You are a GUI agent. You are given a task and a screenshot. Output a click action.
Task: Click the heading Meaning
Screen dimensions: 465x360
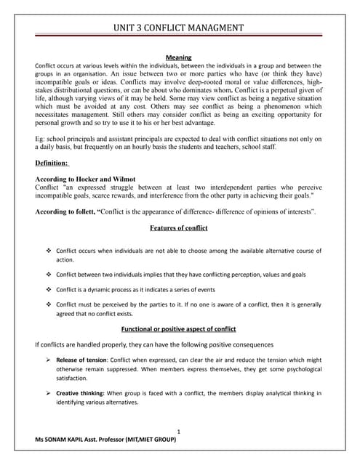coord(179,56)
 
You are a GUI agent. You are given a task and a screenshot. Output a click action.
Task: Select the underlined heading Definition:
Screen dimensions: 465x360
coord(52,163)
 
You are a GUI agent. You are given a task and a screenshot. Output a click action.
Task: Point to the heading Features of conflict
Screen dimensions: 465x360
coord(179,228)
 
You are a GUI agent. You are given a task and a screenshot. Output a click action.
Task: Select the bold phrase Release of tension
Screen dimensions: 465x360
coord(84,359)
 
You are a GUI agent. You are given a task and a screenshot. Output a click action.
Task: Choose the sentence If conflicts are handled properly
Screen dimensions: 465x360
coord(143,344)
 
